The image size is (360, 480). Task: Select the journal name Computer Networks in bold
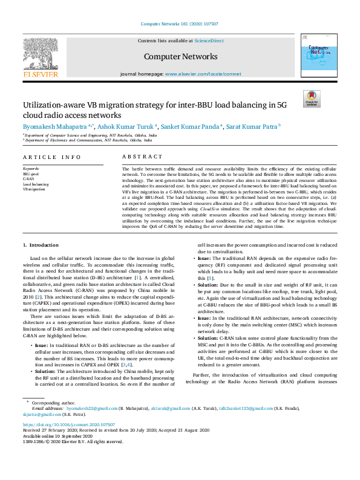click(x=180, y=57)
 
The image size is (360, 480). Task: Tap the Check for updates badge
click(x=312, y=99)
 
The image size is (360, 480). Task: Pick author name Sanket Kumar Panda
click(x=191, y=126)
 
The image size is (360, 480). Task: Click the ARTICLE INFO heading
click(x=52, y=157)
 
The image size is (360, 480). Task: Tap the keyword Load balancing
click(x=36, y=184)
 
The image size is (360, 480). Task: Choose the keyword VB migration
click(x=34, y=189)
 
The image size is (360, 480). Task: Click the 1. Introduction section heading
click(x=41, y=245)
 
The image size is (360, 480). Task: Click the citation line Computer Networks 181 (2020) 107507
click(x=180, y=24)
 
